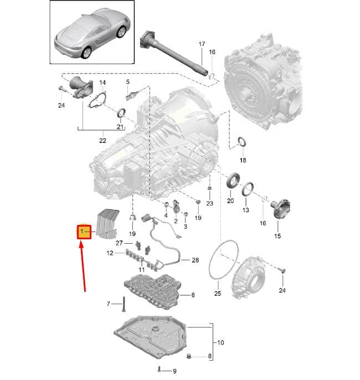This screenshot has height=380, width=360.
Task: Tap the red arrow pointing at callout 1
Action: [x=83, y=266]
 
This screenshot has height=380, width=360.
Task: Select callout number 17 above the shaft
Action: [x=202, y=44]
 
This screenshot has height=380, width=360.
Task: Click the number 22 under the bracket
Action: [x=102, y=141]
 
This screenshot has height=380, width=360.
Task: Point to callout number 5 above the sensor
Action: [x=128, y=82]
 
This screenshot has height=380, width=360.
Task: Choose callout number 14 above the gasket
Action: [x=102, y=83]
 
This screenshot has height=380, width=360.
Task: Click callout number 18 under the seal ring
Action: [x=243, y=160]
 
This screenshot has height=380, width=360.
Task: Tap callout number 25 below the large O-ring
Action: [x=218, y=294]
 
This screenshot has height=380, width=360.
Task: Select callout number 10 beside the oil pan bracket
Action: [x=220, y=343]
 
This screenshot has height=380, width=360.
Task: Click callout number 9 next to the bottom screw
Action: [x=174, y=371]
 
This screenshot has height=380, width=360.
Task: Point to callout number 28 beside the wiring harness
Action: [x=196, y=260]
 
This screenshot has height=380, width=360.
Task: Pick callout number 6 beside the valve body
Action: [x=193, y=295]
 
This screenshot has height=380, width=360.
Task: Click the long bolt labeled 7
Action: [x=124, y=304]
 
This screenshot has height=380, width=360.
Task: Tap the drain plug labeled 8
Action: [x=189, y=356]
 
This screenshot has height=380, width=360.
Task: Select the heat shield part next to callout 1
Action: [x=107, y=223]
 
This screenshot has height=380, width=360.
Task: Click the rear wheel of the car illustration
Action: [x=86, y=53]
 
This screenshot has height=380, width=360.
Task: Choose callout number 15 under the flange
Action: [x=277, y=236]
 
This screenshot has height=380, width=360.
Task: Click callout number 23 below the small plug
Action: [x=210, y=203]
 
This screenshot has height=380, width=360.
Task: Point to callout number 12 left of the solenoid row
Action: [x=110, y=253]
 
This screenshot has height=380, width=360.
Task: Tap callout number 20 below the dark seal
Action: [x=230, y=201]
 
